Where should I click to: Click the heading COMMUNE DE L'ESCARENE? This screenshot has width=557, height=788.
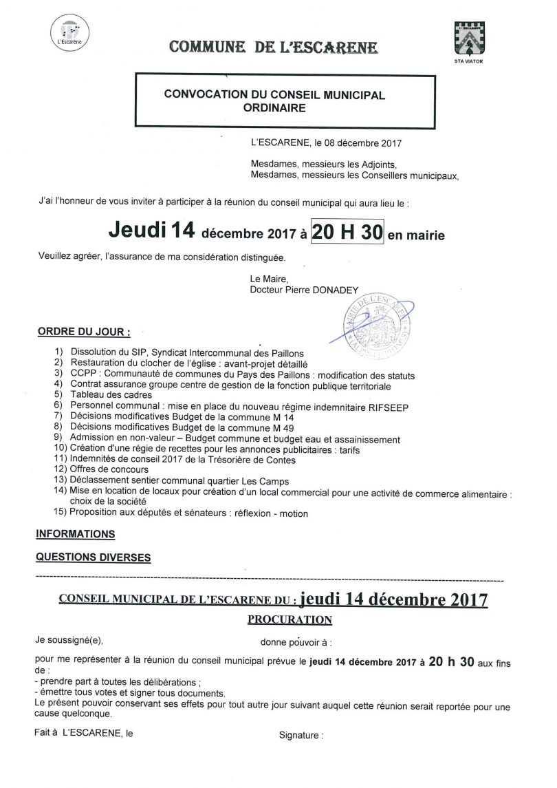[x=273, y=47]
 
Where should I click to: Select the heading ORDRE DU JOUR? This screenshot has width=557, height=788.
[x=83, y=332]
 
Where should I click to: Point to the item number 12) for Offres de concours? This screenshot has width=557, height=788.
[x=59, y=471]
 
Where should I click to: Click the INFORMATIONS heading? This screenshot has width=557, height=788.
[x=75, y=533]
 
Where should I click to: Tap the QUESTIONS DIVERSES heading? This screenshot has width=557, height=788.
[x=93, y=557]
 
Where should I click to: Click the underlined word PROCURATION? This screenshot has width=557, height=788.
[x=289, y=619]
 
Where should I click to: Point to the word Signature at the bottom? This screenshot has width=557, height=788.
[x=300, y=735]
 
